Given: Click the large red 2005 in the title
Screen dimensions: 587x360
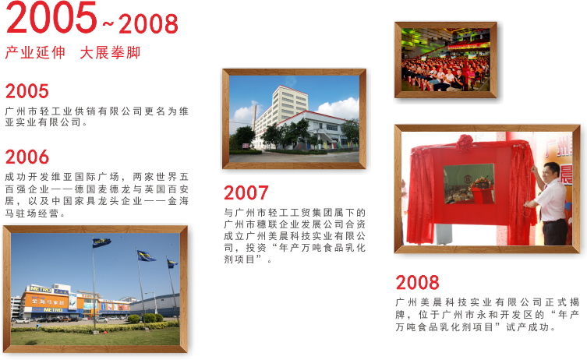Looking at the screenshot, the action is click(x=51, y=17).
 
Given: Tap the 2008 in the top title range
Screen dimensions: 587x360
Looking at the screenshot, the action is click(x=148, y=24).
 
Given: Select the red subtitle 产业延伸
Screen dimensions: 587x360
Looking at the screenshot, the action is click(x=35, y=53).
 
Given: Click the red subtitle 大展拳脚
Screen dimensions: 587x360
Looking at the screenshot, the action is click(x=110, y=53).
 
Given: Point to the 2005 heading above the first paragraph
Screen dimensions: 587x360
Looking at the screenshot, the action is click(x=27, y=91).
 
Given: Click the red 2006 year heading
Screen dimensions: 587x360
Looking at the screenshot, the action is click(x=27, y=157).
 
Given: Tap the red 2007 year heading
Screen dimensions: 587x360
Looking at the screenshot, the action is click(x=246, y=192).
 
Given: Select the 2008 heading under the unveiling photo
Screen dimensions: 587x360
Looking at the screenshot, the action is click(x=417, y=283).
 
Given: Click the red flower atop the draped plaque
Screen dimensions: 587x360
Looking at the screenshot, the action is click(x=465, y=143).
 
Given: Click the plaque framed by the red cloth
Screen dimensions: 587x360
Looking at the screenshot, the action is click(x=469, y=184).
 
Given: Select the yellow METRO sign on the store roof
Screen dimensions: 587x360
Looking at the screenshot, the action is click(x=41, y=289).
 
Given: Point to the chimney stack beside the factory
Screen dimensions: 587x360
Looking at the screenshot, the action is click(x=255, y=117).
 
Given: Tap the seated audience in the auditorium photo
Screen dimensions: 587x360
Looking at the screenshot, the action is click(x=445, y=73).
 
